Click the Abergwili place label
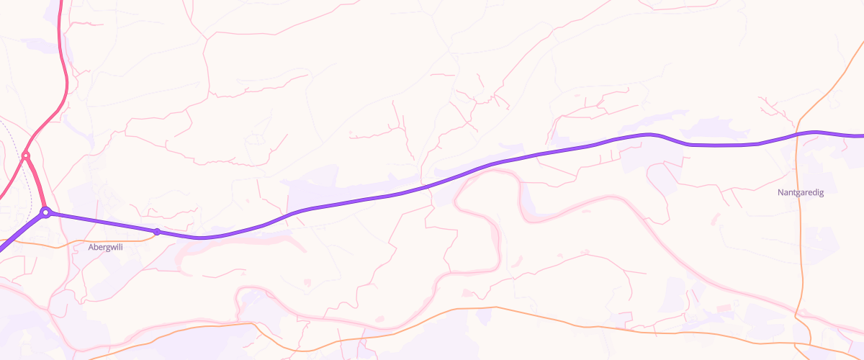tap(104, 247)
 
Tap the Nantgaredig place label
tap(801, 193)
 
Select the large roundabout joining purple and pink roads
tap(45, 212)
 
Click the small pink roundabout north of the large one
tap(26, 156)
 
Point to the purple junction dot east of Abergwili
tap(157, 231)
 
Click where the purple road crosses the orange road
tap(798, 134)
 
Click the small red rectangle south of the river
tap(724, 308)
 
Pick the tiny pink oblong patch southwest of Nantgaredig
tap(714, 217)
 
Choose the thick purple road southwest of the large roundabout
tap(18, 234)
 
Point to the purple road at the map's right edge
tap(857, 135)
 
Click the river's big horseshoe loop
tap(497, 230)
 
